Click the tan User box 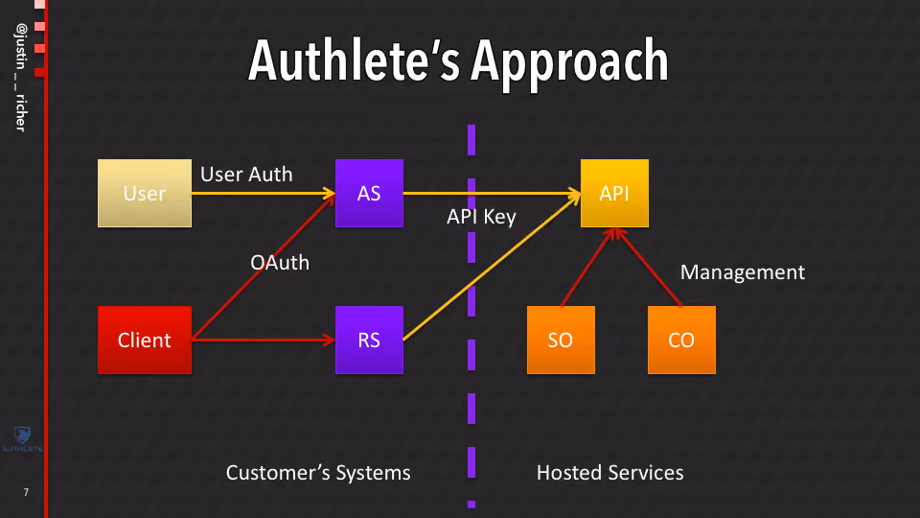pos(145,193)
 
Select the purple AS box pos(369,193)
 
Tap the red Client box pos(145,340)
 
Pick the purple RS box pos(369,340)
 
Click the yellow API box pos(614,193)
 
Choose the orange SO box pos(561,340)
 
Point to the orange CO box pos(681,340)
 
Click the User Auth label pos(246,175)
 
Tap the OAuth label pos(280,263)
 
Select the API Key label pos(481,217)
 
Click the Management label pos(742,272)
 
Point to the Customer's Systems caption pos(318,473)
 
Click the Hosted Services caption pos(610,473)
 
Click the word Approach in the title pos(569,61)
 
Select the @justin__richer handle pos(21,78)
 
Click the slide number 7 pos(26,492)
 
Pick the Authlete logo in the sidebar pos(22,439)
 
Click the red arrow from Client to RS pos(264,340)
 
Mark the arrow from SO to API pos(587,268)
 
